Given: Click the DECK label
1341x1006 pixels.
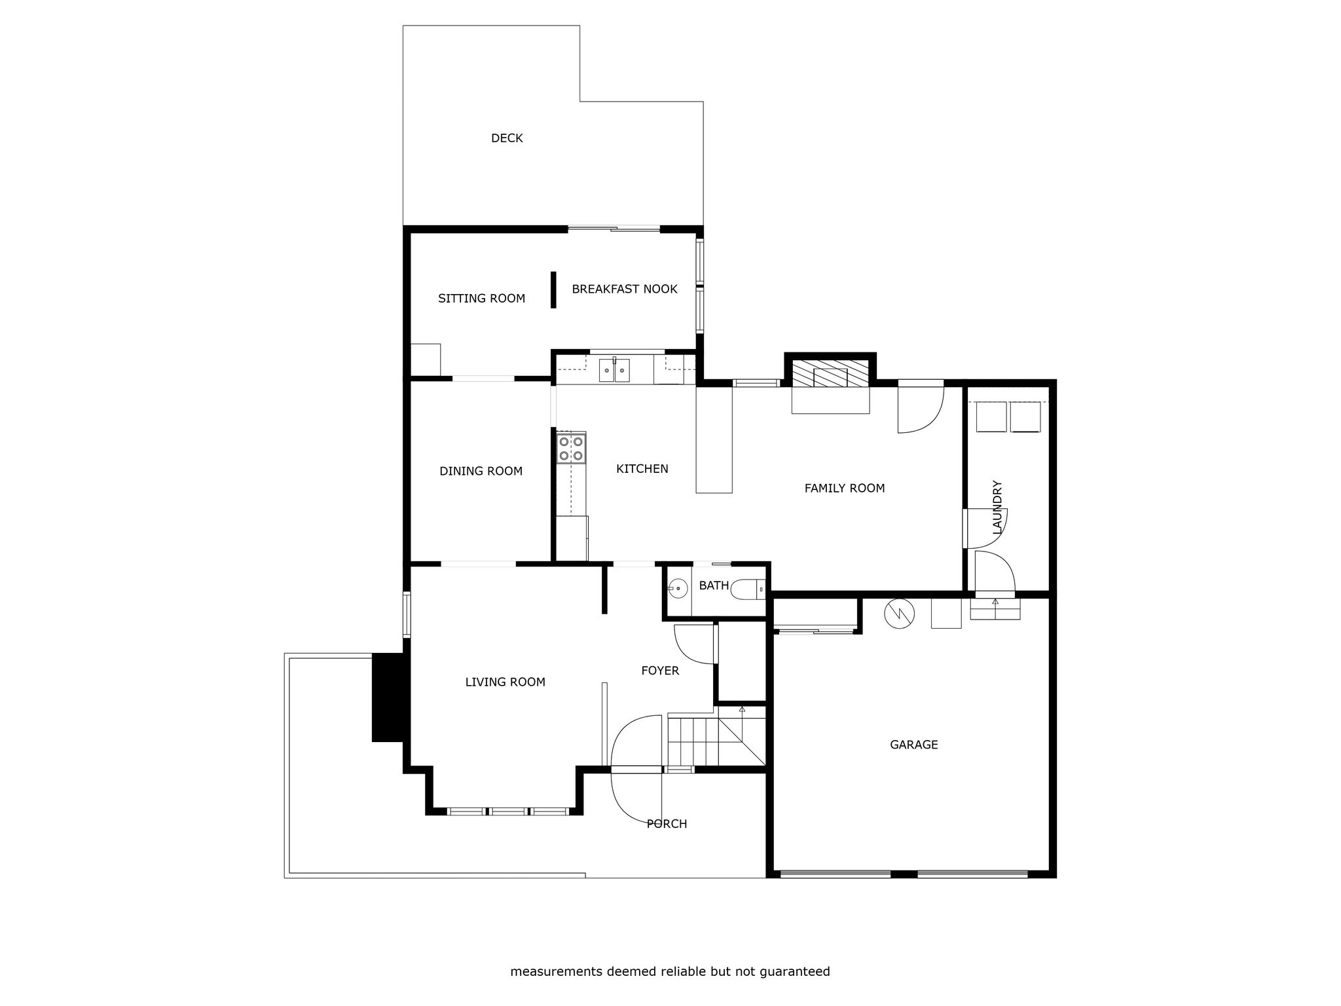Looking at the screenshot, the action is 507,138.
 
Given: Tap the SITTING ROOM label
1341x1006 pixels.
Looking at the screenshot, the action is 481,299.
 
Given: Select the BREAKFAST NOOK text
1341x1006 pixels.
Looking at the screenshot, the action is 625,289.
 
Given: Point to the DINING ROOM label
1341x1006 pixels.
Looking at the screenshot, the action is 481,471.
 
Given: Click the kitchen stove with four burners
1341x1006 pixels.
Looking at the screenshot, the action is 571,448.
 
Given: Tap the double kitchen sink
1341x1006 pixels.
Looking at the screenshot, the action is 614,371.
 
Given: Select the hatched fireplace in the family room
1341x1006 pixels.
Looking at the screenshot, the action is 830,373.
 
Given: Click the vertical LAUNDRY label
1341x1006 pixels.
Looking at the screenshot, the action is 997,507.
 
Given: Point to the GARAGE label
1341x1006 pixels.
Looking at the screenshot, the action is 914,745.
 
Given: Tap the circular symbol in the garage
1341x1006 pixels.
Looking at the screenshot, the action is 899,614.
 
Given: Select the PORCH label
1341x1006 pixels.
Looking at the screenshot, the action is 667,824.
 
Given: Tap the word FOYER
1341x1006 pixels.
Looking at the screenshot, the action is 660,671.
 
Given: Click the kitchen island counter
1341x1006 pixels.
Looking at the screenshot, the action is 714,439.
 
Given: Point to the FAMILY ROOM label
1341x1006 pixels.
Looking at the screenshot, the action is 845,488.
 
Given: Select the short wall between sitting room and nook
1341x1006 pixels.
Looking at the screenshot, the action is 553,289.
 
